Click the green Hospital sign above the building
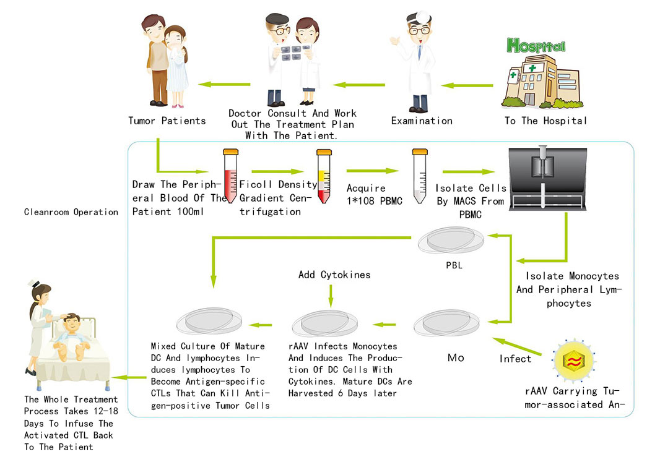tap(536, 45)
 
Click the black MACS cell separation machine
tap(547, 178)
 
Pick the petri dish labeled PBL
tap(451, 241)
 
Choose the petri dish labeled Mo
tap(446, 323)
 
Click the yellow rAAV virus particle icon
tap(574, 361)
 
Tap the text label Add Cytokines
tap(334, 275)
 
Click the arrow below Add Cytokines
tap(331, 296)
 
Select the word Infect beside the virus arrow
tap(515, 359)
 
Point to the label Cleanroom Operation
tap(71, 212)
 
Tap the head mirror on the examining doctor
tap(423, 17)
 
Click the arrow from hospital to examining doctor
tap(467, 85)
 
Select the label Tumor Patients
tap(167, 121)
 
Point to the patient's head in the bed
tap(72, 323)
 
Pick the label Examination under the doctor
tap(422, 121)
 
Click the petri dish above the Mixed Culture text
tap(209, 322)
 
